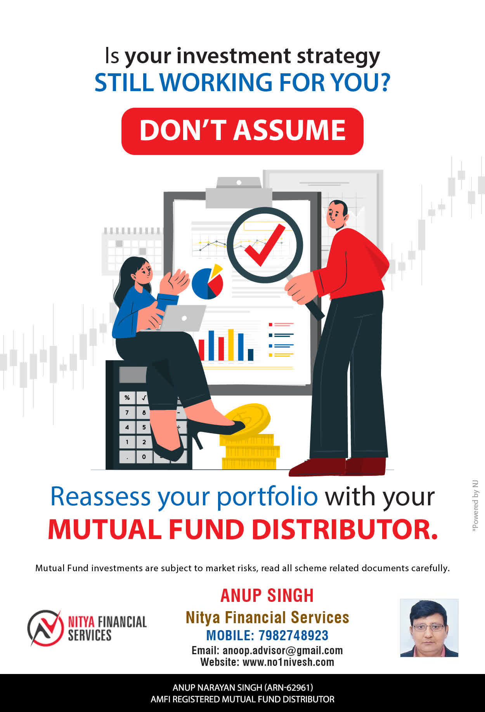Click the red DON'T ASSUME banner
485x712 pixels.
242,131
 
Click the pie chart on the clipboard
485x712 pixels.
208,282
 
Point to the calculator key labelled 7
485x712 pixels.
127,413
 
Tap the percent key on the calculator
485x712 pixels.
127,398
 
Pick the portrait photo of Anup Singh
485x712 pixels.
429,628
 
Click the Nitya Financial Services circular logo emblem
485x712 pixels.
45,628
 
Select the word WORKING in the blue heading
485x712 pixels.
216,82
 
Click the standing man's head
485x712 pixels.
337,214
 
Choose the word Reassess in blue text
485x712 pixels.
100,496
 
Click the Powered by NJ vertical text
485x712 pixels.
475,506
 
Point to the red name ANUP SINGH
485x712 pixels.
267,596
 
